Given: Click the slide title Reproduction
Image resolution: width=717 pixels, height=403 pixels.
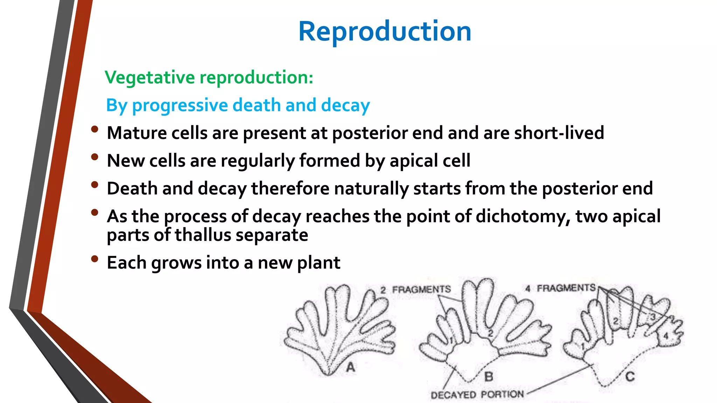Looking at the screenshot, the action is tap(384, 31).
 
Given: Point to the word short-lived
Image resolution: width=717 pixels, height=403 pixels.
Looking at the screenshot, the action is tap(559, 133).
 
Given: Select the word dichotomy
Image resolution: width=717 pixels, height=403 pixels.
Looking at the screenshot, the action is tap(523, 217).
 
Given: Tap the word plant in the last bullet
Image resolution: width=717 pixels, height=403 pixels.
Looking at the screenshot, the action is tap(318, 263).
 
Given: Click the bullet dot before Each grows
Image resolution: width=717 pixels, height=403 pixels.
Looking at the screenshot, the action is tap(94, 259).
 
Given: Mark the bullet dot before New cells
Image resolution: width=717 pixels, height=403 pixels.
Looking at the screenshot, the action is tap(94, 157).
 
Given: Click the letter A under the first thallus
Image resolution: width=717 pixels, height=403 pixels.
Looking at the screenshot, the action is tap(350, 367).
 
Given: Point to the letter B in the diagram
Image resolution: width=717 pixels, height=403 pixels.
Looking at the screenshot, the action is tap(489, 377).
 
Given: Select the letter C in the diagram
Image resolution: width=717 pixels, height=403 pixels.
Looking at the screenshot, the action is tap(630, 377).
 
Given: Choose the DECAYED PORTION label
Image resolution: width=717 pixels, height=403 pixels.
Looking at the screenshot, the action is tap(477, 395).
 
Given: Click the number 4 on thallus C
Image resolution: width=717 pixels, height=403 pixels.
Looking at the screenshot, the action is tap(666, 336).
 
